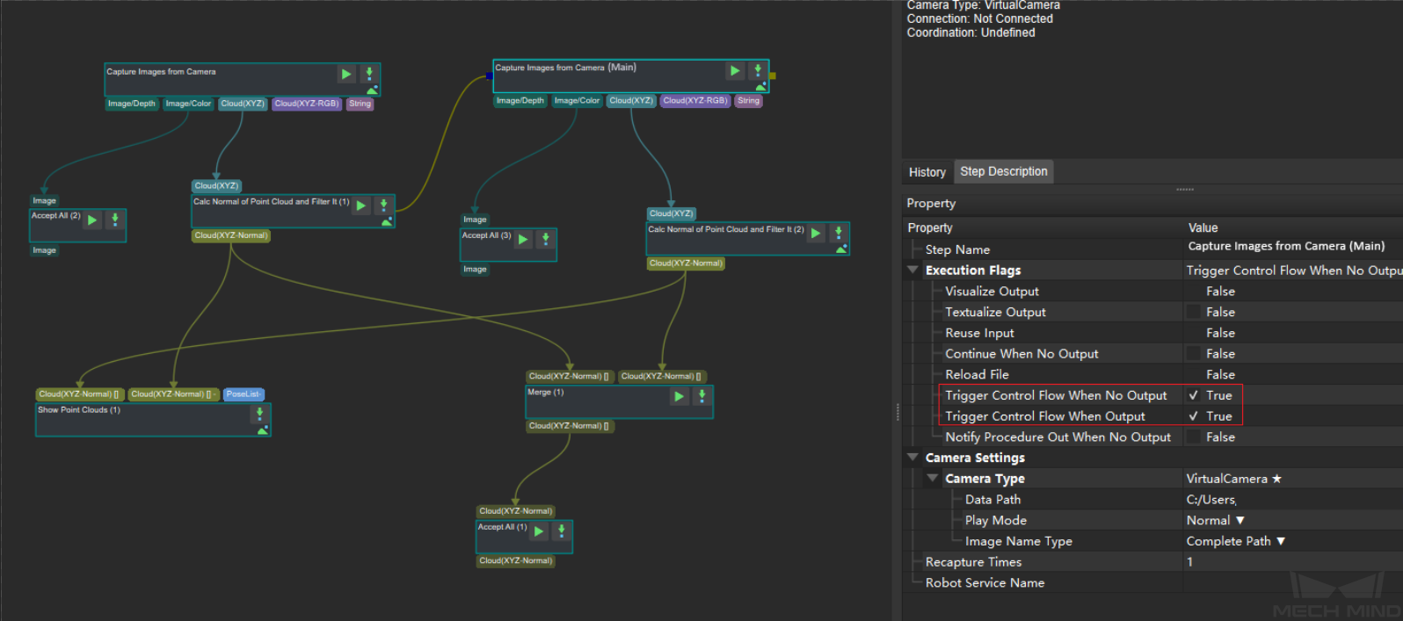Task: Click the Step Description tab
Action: [x=1003, y=171]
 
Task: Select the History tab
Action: [x=927, y=172]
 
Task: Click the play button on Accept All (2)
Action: [x=92, y=220]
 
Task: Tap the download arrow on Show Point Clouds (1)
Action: [x=259, y=413]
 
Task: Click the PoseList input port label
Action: [x=243, y=394]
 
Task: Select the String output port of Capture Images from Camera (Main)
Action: [x=748, y=100]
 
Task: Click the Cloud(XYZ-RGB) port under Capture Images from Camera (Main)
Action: [x=695, y=100]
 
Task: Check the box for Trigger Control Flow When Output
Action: [x=1193, y=416]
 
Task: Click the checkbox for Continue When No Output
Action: [x=1193, y=354]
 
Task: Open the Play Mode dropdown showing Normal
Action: [x=1215, y=520]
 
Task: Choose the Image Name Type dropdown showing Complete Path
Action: [x=1235, y=541]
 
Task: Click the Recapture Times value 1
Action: [x=1189, y=562]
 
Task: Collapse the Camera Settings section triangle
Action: [x=913, y=457]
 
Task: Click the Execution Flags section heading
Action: [x=973, y=271]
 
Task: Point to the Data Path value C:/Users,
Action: [x=1211, y=500]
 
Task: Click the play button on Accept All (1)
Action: [x=539, y=531]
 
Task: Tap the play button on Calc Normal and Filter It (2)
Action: [x=816, y=234]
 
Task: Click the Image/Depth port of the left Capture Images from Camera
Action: [x=132, y=104]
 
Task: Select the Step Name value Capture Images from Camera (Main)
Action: [x=1286, y=246]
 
